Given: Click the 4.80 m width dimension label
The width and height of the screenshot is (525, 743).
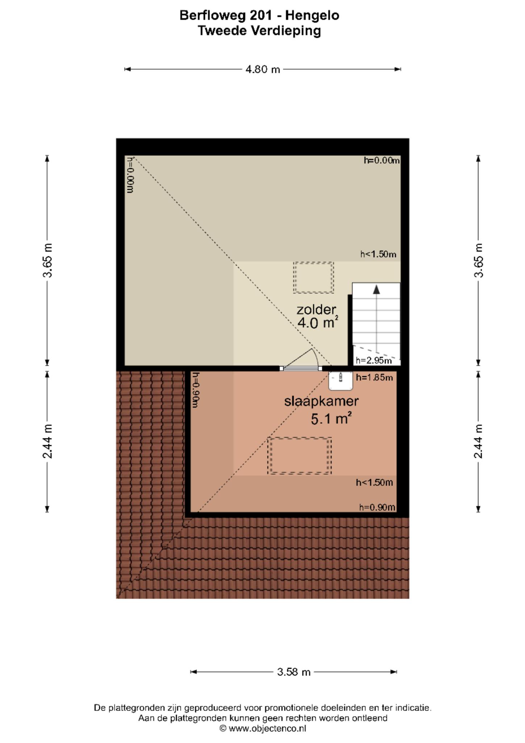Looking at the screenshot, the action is coord(263,69).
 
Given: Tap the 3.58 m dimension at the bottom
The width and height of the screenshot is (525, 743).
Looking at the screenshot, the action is coord(293,672).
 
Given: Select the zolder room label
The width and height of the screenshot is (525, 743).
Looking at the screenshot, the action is coord(317,309).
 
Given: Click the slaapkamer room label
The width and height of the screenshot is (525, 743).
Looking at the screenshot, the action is coord(321,401).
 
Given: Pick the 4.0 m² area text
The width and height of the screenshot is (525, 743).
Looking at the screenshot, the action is coord(318,322).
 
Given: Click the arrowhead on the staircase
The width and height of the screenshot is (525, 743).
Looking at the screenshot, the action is coord(376,290).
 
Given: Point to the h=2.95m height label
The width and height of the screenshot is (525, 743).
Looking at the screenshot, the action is coord(374,360).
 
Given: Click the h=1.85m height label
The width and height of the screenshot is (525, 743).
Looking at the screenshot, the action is coord(374,377).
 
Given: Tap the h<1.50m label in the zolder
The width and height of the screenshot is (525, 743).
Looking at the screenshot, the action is coord(378,254).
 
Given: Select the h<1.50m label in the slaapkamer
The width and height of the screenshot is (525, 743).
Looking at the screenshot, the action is coord(374,482).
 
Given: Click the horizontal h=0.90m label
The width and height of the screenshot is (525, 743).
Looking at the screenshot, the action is coord(377,507).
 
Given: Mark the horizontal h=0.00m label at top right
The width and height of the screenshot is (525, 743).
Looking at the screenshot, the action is coord(382,160).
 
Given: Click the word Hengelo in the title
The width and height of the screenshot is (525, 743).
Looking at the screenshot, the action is coord(312,15).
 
